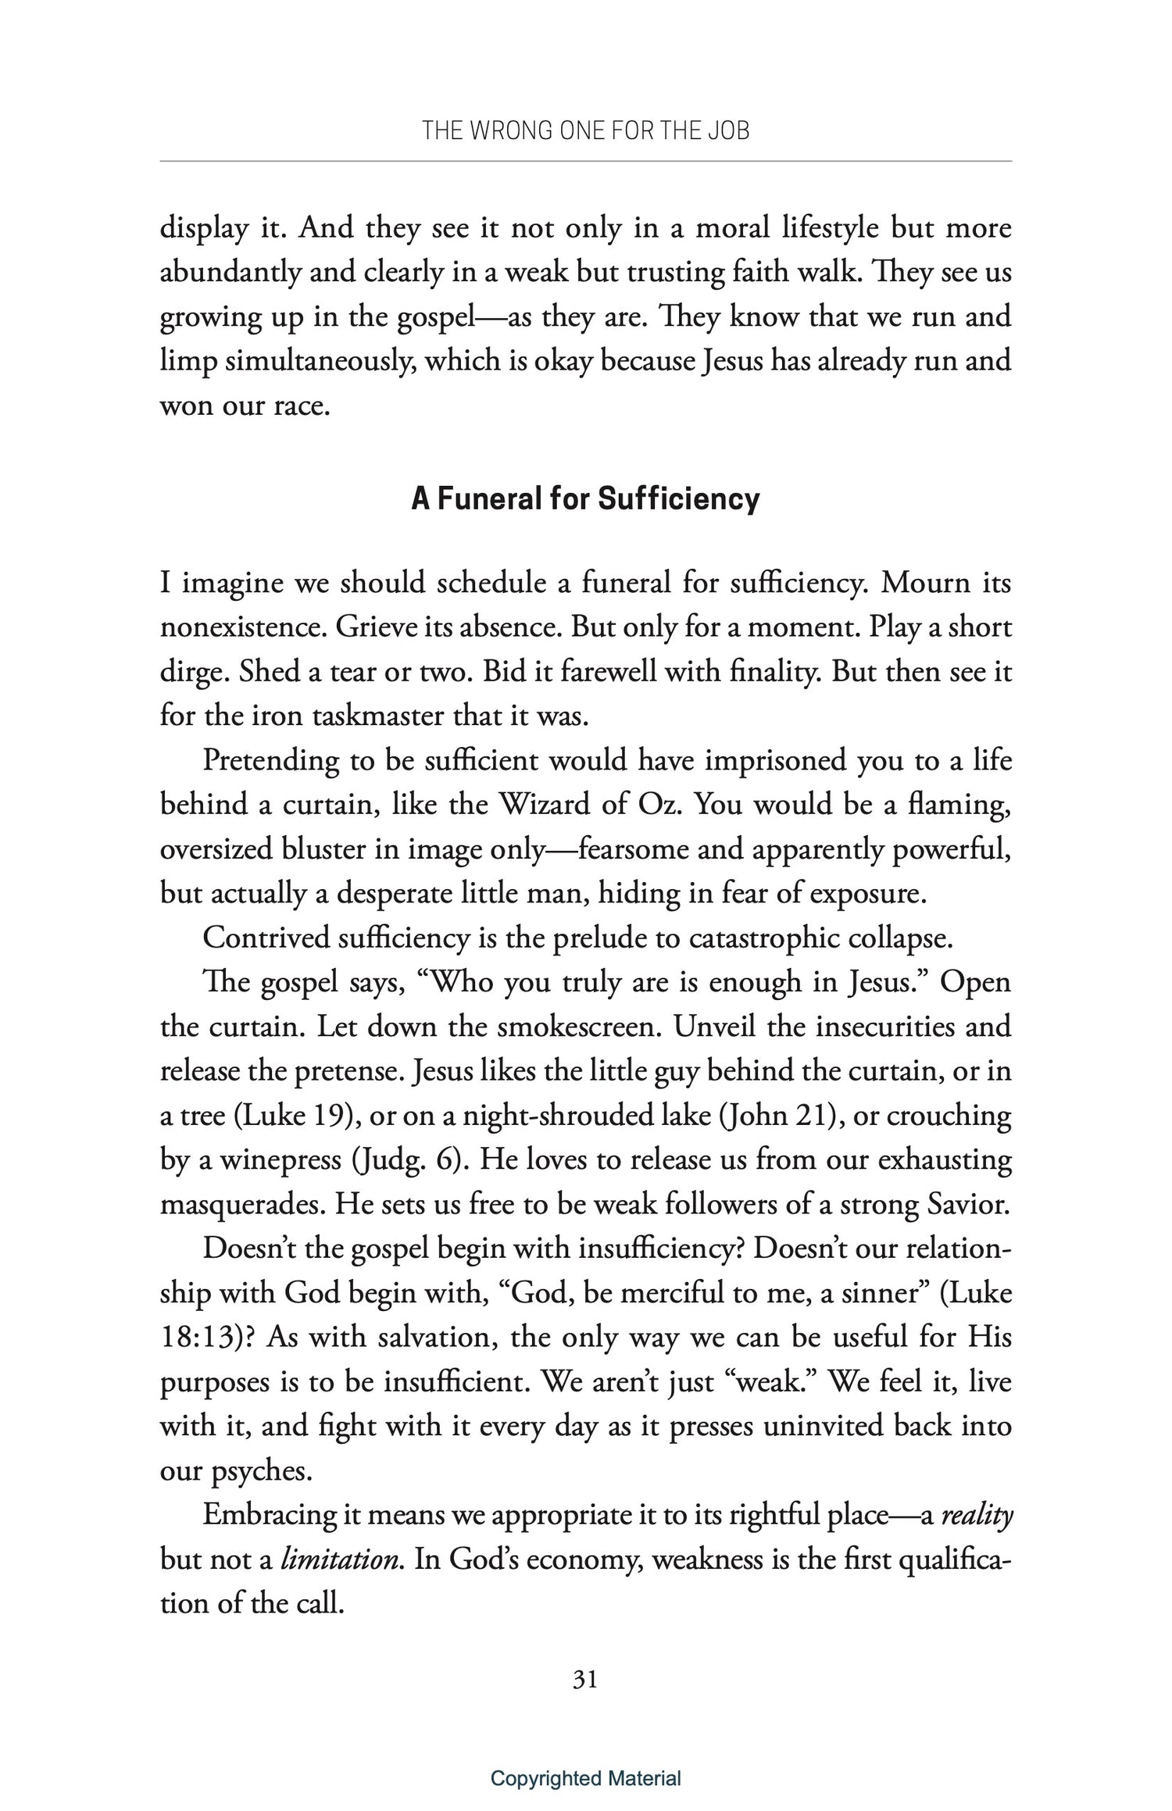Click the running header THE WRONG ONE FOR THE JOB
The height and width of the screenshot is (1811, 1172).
click(585, 130)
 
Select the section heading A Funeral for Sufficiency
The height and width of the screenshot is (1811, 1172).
click(585, 498)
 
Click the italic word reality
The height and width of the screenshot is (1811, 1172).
click(977, 1515)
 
